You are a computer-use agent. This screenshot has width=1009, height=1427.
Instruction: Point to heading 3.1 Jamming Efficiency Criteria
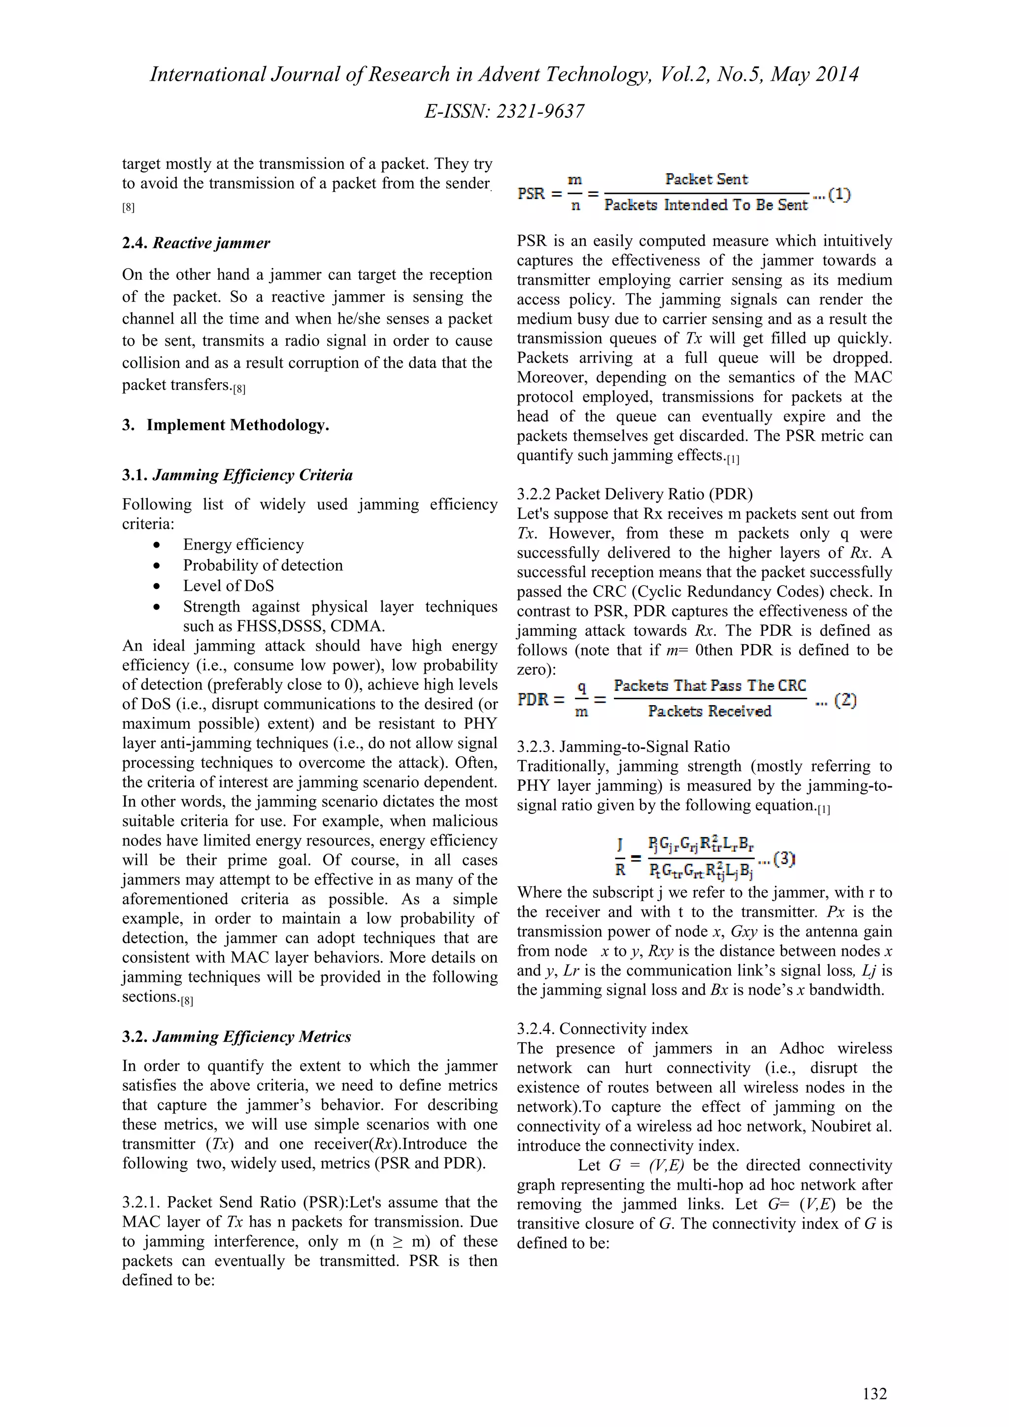[237, 476]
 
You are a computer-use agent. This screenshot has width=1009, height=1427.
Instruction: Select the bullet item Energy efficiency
[243, 545]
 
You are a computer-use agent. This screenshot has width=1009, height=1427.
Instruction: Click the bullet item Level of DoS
[228, 585]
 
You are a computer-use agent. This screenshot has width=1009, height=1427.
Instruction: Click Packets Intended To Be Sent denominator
[706, 205]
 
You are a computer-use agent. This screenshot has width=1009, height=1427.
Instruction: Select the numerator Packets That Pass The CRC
[710, 685]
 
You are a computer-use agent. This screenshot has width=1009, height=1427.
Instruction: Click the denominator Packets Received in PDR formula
[709, 711]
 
